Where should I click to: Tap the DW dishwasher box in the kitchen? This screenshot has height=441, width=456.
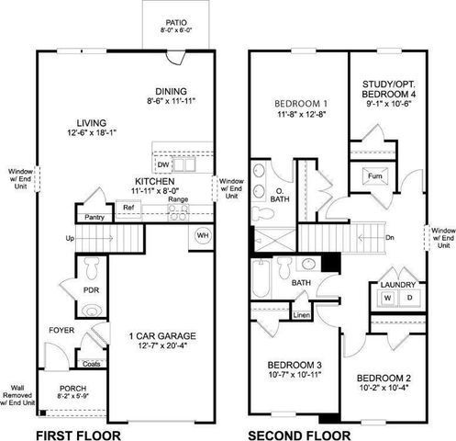162,164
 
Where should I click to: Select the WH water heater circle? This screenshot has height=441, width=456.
202,235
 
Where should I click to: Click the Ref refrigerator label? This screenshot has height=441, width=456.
129,209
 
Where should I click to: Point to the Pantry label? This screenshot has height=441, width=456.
94,217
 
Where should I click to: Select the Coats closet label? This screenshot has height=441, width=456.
91,363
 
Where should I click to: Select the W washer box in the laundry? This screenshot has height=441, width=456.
386,299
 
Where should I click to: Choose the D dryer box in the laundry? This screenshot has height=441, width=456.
408,299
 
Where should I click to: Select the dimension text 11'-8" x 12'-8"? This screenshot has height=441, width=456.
301,114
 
